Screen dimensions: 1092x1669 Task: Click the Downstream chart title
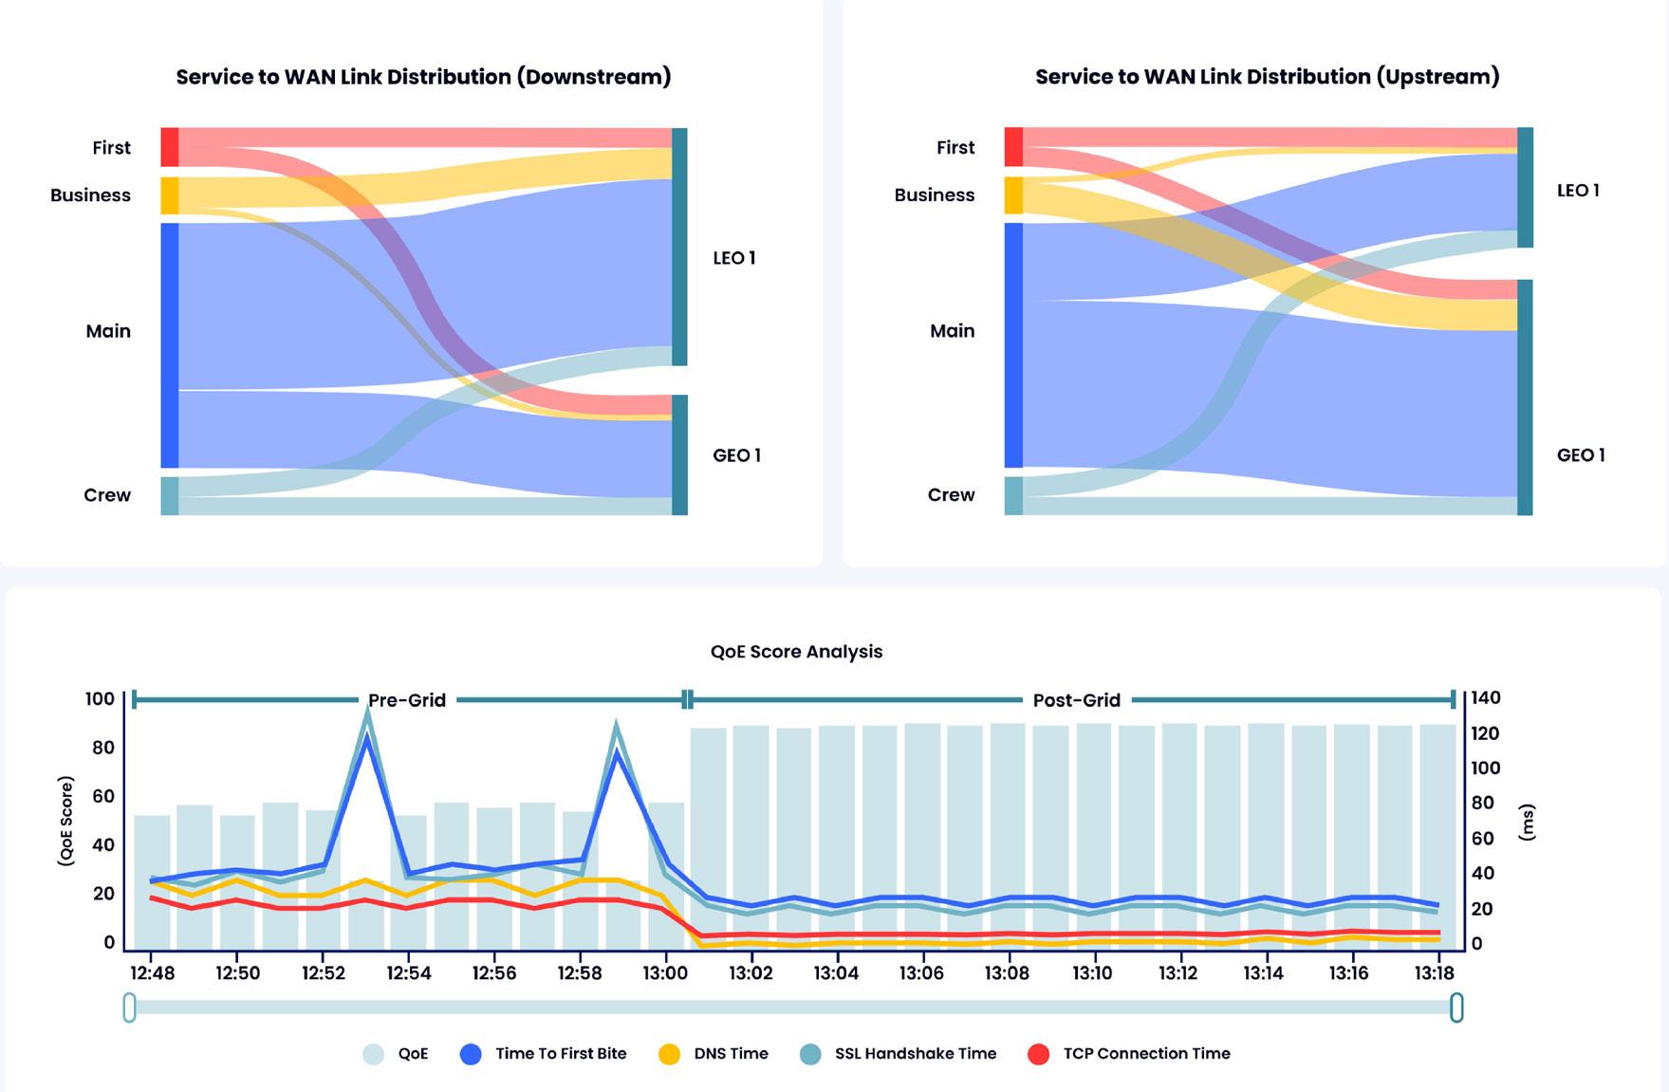(423, 77)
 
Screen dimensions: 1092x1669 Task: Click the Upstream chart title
(1267, 77)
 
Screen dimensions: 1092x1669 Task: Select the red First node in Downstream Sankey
(170, 147)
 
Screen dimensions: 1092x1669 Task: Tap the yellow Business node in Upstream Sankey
(1013, 195)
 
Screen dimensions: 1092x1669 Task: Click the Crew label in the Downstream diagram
(107, 495)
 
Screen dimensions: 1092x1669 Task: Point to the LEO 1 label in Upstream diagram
(1578, 191)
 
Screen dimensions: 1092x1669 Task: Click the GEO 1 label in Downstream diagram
(736, 455)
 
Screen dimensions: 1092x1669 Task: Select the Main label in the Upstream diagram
(952, 331)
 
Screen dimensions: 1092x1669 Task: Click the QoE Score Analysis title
(796, 652)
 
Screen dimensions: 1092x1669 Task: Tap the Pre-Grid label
(407, 700)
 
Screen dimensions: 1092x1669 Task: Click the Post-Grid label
(1076, 700)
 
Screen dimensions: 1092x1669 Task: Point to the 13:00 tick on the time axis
(665, 972)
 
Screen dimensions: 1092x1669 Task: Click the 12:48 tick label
(152, 972)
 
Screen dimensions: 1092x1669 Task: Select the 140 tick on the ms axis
(1485, 698)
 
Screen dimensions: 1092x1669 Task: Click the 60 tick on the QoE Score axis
(102, 796)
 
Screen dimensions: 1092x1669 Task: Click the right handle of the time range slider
(1456, 1008)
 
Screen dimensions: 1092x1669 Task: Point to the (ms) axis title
(1526, 822)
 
